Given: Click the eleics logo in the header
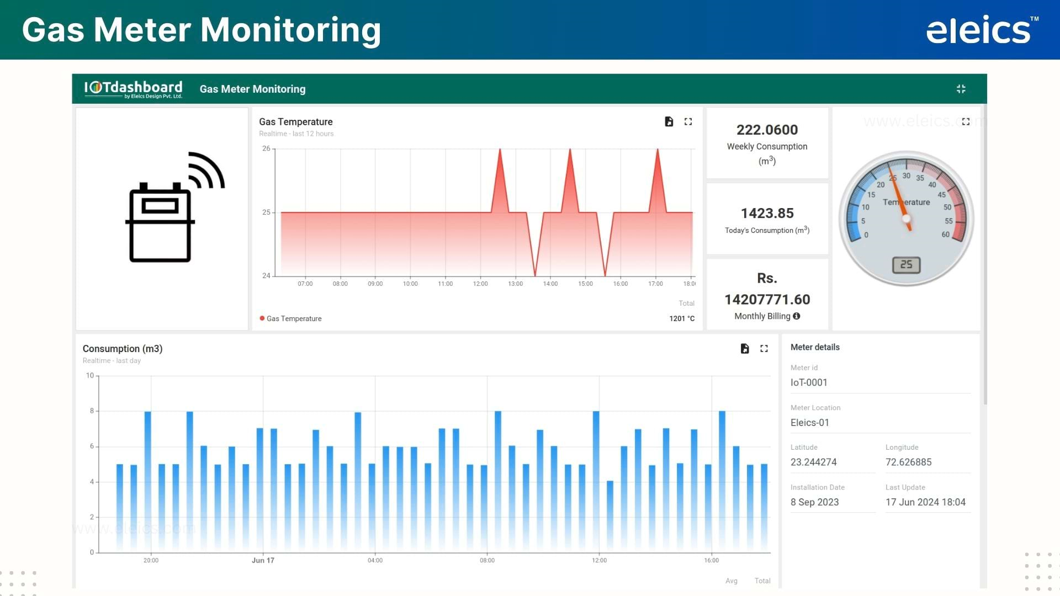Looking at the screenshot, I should pos(978,30).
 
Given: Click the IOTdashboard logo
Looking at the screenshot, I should pos(133,89).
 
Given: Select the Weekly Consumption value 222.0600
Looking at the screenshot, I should pos(767,130).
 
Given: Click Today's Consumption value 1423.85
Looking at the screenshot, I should pos(767,213).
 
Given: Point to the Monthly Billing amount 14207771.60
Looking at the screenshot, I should pos(767,299).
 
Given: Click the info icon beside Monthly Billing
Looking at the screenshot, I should pos(796,316).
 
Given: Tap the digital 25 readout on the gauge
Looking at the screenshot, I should pos(906,265).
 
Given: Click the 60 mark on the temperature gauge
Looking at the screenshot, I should pos(945,235).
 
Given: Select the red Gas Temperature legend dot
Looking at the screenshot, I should pos(262,318).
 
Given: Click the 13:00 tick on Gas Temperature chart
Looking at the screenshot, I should pos(515,284).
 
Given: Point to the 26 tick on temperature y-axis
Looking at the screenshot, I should pos(266,148).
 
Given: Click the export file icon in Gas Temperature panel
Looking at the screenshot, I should pos(669,122).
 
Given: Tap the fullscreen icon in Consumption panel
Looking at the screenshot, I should pos(764,349).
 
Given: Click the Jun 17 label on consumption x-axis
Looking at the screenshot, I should pos(263,560).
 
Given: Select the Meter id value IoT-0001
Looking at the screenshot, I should pos(809,382).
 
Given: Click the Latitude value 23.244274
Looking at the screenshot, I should pos(813,462).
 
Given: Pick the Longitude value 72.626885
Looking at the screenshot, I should pos(908,462).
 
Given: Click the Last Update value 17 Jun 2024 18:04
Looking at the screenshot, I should pos(925,502).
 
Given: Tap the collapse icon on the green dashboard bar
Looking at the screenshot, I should pos(961,89).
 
